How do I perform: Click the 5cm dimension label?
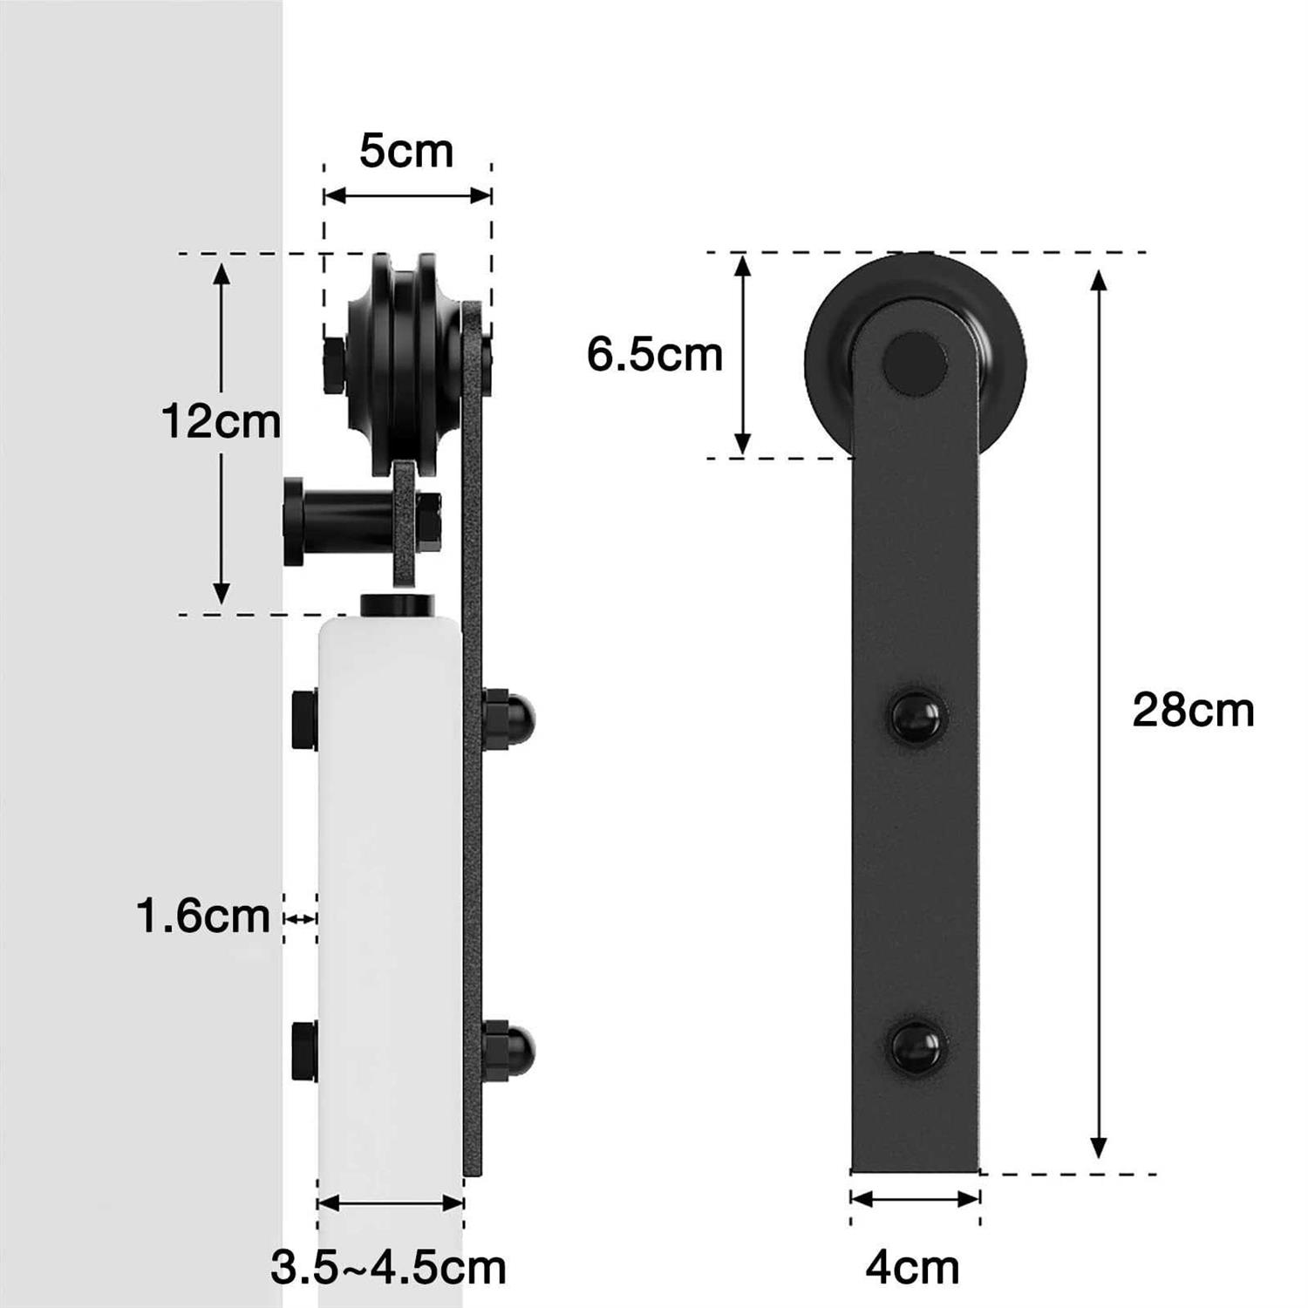[x=406, y=151]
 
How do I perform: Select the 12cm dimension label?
[x=221, y=422]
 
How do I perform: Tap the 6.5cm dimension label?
[x=654, y=355]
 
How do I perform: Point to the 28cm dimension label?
[x=1193, y=710]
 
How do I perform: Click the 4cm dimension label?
[x=912, y=1268]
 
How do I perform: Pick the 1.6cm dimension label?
[x=203, y=916]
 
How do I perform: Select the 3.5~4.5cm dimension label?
[x=388, y=1268]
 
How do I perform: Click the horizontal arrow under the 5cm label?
[x=407, y=195]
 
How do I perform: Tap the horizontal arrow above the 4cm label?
[x=915, y=1200]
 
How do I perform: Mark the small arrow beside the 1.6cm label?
[x=301, y=918]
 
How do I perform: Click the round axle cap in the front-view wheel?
[x=915, y=363]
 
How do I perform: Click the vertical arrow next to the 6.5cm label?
[x=741, y=355]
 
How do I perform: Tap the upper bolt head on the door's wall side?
[x=304, y=719]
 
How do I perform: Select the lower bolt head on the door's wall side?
[x=304, y=1050]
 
